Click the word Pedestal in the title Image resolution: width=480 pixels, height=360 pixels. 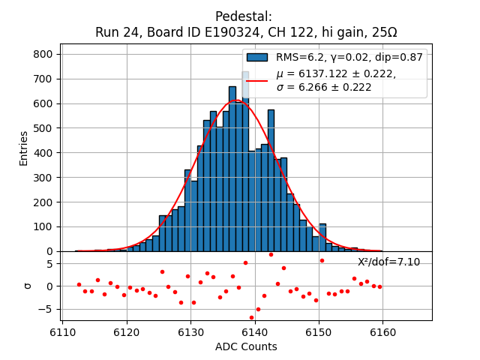click(243, 16)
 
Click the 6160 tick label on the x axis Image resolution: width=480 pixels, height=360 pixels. click(382, 330)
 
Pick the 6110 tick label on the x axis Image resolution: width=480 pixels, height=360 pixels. click(63, 330)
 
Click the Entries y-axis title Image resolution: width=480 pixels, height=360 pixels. click(24, 148)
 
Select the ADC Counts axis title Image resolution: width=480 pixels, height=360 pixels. click(246, 346)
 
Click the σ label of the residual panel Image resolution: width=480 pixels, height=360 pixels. click(28, 286)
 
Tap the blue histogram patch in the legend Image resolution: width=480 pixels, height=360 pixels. click(257, 57)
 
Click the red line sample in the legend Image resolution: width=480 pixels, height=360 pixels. click(257, 80)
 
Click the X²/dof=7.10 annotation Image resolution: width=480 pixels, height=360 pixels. click(388, 262)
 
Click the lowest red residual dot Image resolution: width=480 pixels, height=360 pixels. click(252, 317)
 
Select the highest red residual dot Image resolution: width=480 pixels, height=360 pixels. click(271, 254)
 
